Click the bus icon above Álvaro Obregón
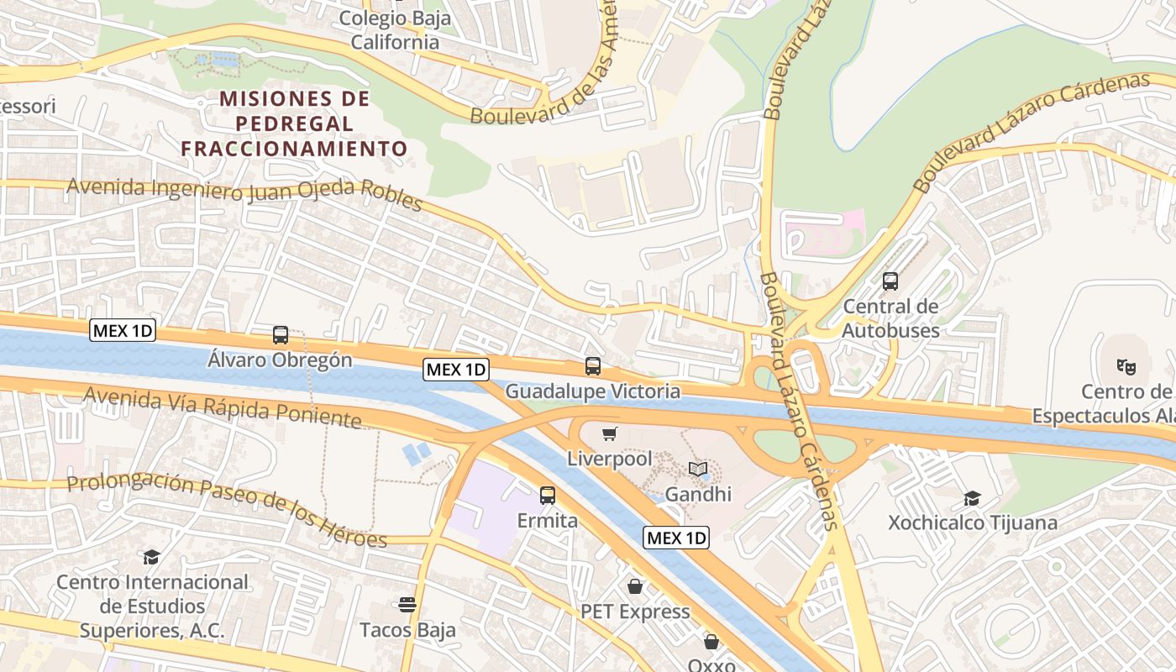coord(281,335)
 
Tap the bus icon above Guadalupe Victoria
coord(593,365)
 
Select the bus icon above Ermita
coord(548,495)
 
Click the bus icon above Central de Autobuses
coord(890,281)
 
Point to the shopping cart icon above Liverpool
coord(610,433)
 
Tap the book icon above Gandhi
coord(698,469)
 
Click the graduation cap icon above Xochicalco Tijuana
coord(973,498)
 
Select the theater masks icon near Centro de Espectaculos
coord(1126,366)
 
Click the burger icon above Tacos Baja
coord(407,604)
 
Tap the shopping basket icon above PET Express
coord(635,585)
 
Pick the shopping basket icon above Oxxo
coord(711,642)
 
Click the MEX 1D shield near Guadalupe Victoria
coord(455,369)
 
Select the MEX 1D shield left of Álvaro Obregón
coord(123,330)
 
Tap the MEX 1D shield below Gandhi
coord(676,538)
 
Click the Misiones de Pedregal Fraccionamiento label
coord(294,124)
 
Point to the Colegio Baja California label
coord(395,29)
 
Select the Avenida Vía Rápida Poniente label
coord(223,407)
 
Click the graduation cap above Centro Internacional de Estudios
coord(151,557)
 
